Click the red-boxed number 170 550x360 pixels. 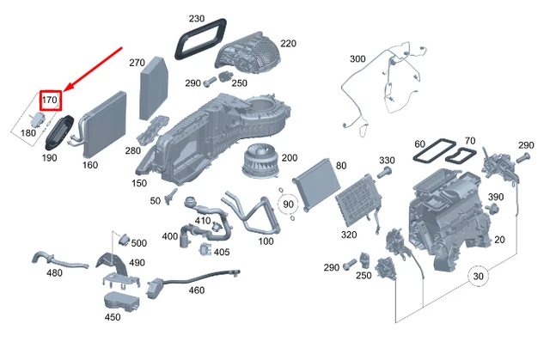click(x=50, y=101)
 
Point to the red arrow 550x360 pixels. click(x=90, y=70)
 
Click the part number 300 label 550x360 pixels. click(x=357, y=59)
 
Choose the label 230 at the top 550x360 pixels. click(x=197, y=19)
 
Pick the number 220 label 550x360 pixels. click(x=288, y=43)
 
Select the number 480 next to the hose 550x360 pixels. click(x=54, y=273)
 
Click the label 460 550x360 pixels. click(x=197, y=290)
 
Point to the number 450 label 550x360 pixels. click(x=112, y=317)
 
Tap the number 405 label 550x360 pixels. click(x=222, y=252)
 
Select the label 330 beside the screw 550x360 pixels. click(x=387, y=161)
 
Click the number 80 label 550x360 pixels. click(x=341, y=165)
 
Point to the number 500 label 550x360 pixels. click(x=138, y=242)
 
